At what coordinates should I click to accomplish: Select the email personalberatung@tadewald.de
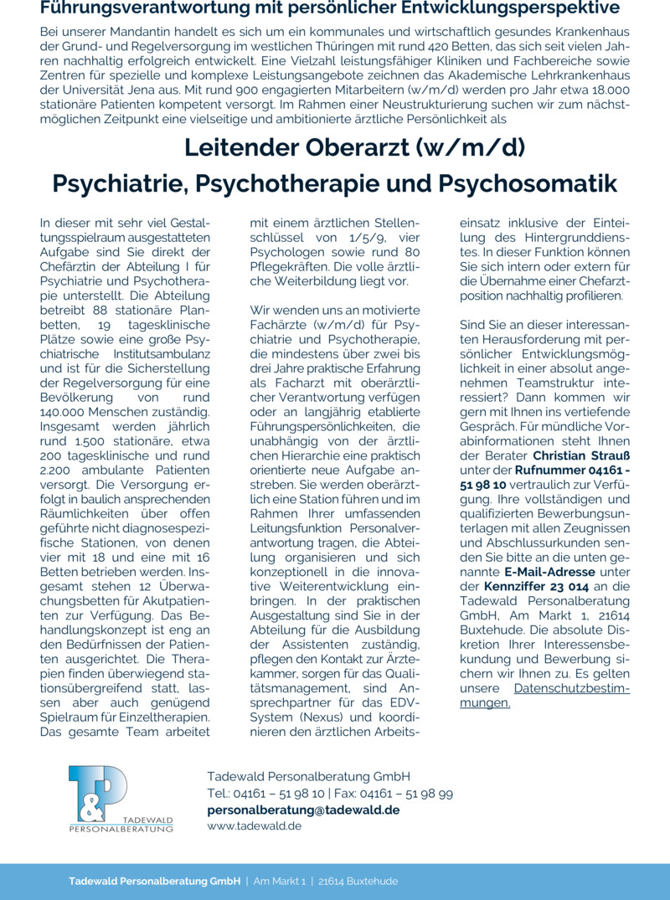point(303,810)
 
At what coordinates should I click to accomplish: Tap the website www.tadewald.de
point(254,825)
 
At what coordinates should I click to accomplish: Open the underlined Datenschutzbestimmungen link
point(544,696)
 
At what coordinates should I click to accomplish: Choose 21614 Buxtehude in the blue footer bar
point(360,881)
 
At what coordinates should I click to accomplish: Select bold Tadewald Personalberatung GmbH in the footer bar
point(154,881)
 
